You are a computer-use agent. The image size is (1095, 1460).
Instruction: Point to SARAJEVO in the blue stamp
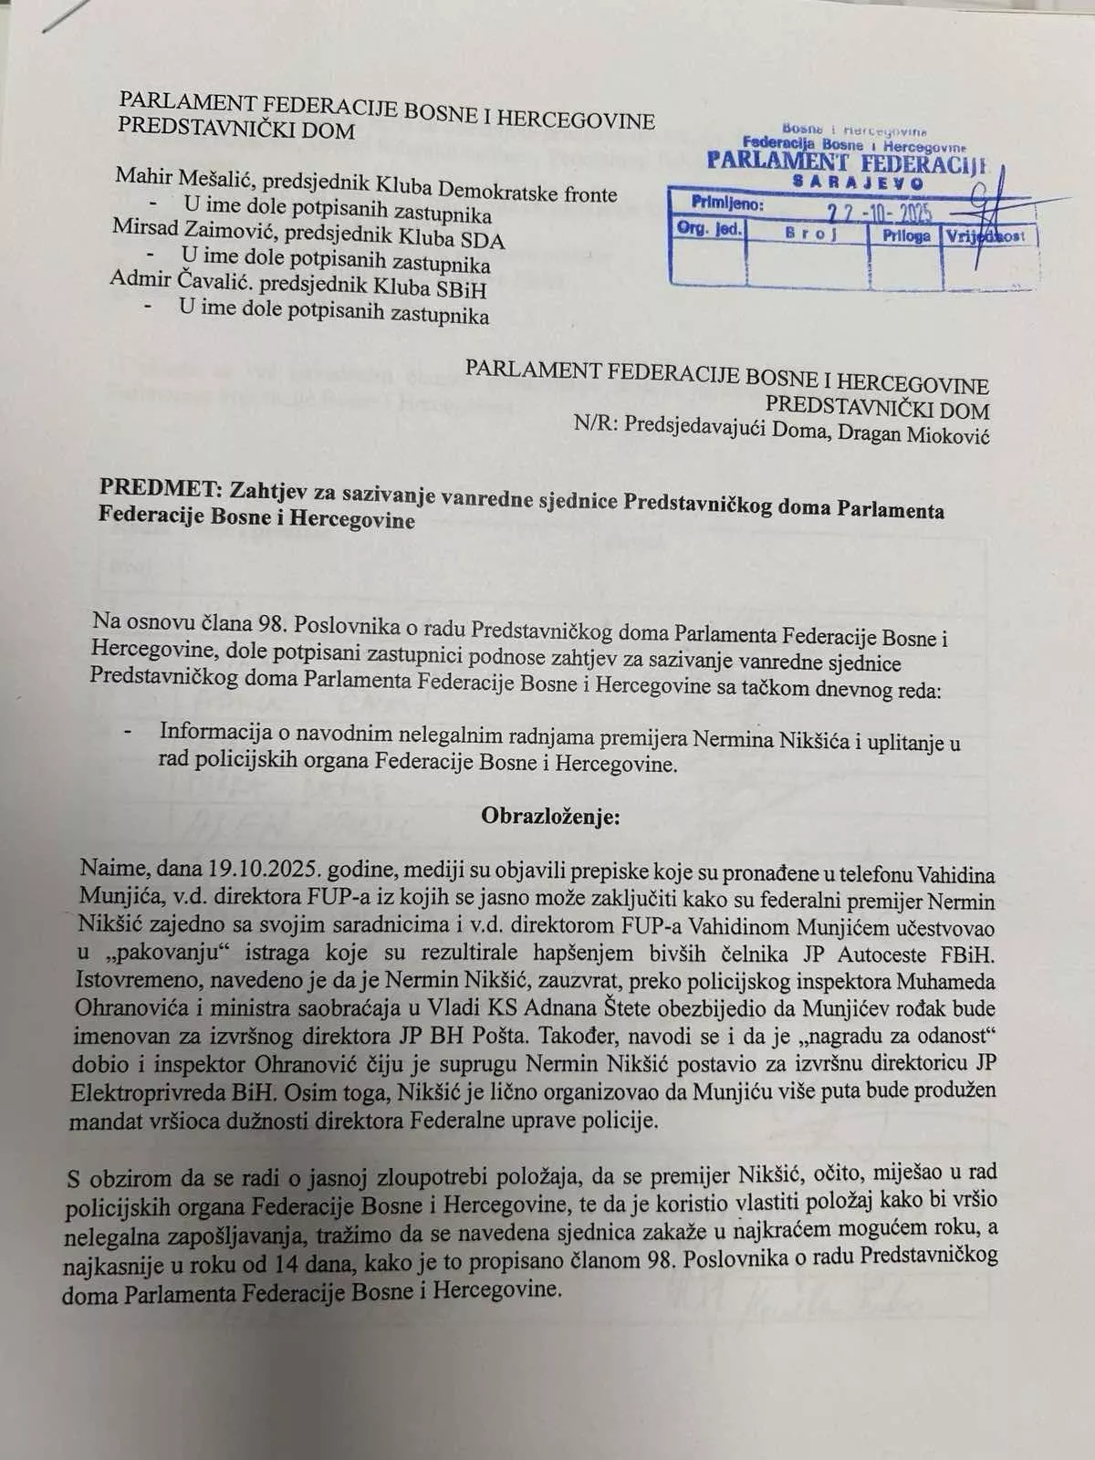point(858,182)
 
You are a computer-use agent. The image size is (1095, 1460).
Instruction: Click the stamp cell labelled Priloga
point(905,235)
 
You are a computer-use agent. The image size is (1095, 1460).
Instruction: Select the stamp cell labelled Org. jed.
point(708,229)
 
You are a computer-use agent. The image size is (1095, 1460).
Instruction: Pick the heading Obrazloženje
point(550,815)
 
